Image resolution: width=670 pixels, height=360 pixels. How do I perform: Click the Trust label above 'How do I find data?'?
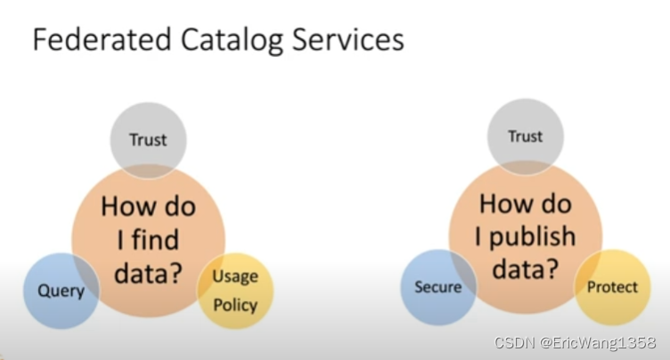(x=148, y=139)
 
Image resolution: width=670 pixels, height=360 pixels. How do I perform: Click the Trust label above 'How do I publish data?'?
(x=525, y=136)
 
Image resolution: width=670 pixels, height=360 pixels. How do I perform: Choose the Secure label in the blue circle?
(x=437, y=287)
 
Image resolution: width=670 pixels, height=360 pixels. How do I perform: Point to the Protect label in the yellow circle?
(x=612, y=287)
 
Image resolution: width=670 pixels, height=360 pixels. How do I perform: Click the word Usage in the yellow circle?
(x=234, y=275)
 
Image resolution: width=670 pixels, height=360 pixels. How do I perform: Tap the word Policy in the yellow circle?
(x=235, y=305)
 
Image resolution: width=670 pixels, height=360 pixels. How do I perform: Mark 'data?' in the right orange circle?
(x=525, y=268)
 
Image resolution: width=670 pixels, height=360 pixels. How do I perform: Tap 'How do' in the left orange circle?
(x=148, y=206)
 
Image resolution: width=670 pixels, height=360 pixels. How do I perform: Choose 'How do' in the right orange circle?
(x=525, y=204)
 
